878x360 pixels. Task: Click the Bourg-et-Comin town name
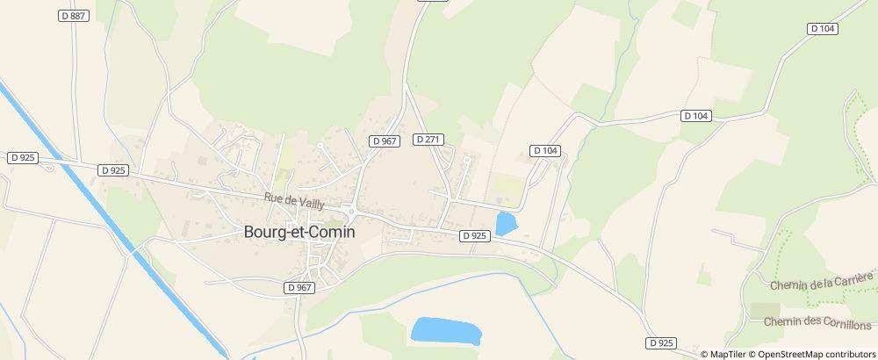[299, 234]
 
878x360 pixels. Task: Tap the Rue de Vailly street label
[294, 201]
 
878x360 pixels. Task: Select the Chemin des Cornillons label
[818, 321]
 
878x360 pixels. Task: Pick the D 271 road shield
[428, 140]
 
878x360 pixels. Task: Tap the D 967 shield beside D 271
[385, 140]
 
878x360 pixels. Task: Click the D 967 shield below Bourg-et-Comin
[299, 287]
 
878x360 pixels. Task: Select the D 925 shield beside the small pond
[474, 235]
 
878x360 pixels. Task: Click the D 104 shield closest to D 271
[545, 151]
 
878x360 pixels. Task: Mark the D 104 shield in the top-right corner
[823, 29]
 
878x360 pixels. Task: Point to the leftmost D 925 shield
[23, 158]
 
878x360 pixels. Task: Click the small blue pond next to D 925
[506, 223]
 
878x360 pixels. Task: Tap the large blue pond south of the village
[446, 331]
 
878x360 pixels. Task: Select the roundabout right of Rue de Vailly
[349, 210]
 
